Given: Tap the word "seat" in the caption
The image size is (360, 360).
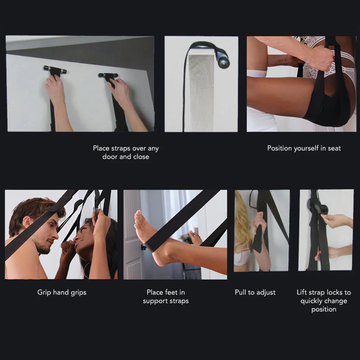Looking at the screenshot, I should [x=334, y=148].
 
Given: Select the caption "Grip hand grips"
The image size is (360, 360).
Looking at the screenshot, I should [x=62, y=292].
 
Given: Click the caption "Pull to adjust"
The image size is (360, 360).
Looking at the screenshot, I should [x=255, y=292].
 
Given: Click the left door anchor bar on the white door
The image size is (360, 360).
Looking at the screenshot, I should [x=55, y=69].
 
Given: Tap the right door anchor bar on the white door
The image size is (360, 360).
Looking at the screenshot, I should [x=108, y=75].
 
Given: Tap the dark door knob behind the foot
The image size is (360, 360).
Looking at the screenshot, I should [x=143, y=247].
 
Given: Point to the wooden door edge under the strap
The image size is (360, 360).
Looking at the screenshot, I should [x=201, y=91].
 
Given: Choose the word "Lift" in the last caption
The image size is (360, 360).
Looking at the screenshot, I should [x=302, y=292].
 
